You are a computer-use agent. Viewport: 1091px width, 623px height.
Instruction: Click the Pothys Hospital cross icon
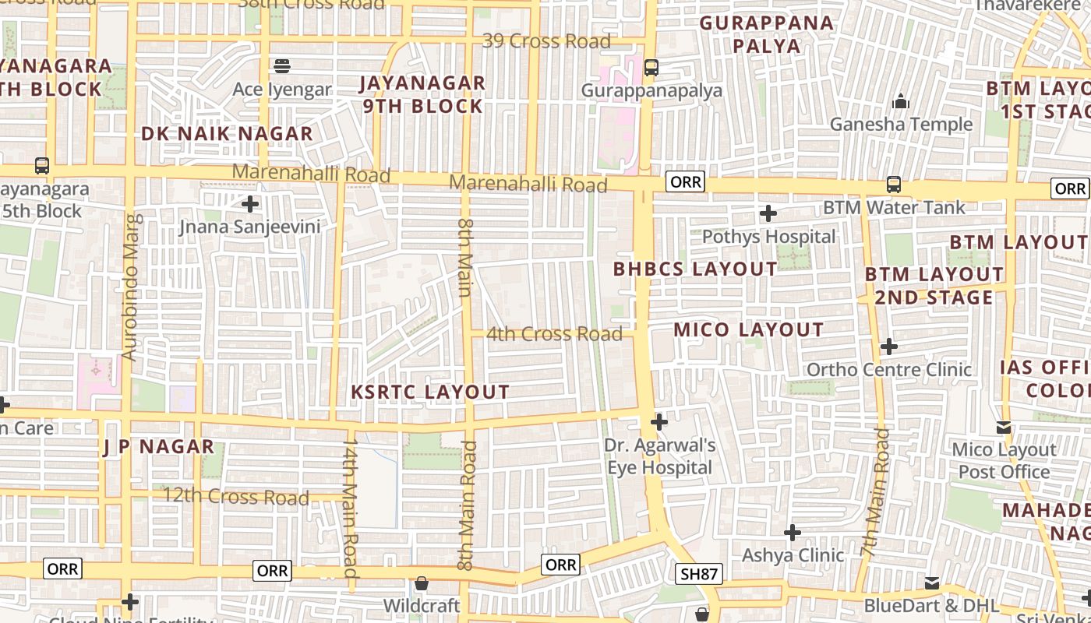(768, 213)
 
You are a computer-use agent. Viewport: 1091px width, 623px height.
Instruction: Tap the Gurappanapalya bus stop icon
(651, 68)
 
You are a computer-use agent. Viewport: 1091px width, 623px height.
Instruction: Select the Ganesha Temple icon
(901, 101)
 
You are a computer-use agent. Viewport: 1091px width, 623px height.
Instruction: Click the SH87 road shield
(698, 575)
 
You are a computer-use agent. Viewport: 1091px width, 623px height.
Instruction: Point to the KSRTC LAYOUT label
(430, 392)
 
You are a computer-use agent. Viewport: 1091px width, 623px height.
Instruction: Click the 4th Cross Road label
(554, 334)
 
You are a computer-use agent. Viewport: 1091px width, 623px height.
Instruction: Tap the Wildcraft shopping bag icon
(422, 583)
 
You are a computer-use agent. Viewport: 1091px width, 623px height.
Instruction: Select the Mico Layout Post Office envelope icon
(1004, 428)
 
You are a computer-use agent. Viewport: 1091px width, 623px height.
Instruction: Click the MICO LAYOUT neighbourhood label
(748, 329)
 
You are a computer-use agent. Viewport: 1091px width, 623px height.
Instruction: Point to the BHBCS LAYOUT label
(695, 269)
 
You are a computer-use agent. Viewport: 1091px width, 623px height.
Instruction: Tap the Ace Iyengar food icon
(282, 65)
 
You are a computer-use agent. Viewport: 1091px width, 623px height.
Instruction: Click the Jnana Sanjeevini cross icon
(250, 205)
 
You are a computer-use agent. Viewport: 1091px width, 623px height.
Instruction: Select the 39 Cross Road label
(545, 40)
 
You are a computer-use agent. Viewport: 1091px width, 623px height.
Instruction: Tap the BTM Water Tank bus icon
(894, 185)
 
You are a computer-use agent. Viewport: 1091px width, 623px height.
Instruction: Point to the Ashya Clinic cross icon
(793, 533)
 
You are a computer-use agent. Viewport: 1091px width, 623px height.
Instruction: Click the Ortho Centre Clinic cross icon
(888, 347)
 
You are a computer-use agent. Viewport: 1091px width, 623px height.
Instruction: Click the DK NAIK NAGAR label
(227, 133)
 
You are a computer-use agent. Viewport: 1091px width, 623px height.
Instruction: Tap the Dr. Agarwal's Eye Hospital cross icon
(659, 422)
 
